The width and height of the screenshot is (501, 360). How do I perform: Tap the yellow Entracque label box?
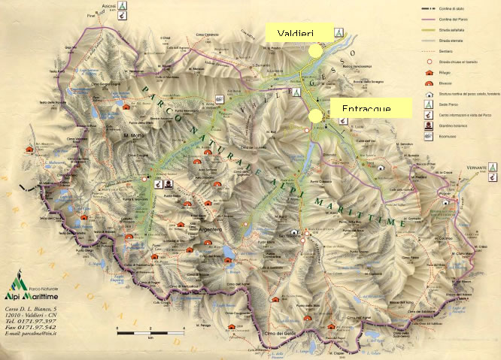pos(372,107)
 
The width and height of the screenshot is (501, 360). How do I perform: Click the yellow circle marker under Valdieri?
pos(313,50)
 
